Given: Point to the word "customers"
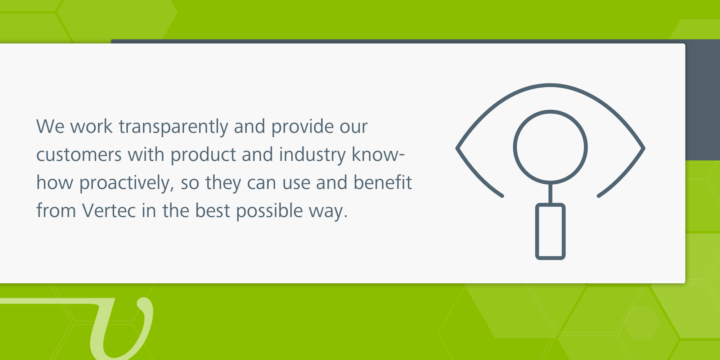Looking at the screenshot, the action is tap(79, 155).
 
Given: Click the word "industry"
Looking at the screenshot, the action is tap(312, 155).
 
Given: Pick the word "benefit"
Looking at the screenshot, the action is tap(382, 183).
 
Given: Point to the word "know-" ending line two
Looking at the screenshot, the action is tap(378, 154).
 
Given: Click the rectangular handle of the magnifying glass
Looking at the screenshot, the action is tap(550, 231).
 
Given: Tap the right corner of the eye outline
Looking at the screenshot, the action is tap(644, 148).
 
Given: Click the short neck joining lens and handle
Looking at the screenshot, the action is tap(550, 194).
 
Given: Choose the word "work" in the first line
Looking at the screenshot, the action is tap(91, 127).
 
